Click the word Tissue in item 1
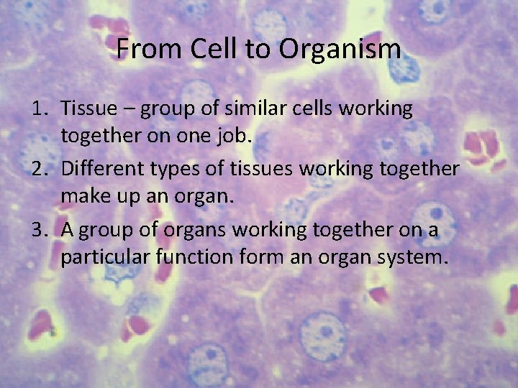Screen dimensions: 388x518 point(88,108)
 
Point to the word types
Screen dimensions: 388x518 point(171,170)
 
